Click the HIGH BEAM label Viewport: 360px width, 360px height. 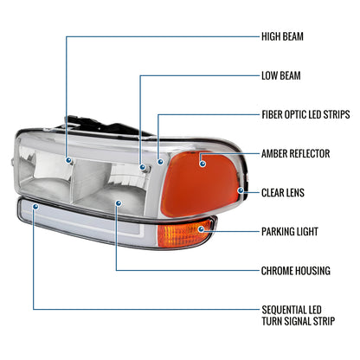tap(282, 36)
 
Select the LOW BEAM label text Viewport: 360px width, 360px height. tap(280, 75)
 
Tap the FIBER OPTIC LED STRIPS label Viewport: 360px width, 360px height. tap(305, 114)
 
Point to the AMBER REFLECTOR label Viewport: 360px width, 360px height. tap(295, 153)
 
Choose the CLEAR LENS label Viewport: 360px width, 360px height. tap(283, 192)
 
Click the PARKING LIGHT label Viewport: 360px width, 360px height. tap(290, 231)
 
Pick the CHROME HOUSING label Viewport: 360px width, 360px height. tap(296, 271)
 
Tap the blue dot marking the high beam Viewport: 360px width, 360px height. tap(68, 160)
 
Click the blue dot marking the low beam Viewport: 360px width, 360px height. tap(143, 167)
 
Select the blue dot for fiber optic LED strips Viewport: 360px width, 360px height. tap(160, 162)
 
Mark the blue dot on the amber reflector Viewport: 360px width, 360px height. tap(202, 164)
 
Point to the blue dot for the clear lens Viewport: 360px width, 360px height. tap(241, 190)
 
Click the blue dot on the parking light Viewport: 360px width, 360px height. tap(201, 229)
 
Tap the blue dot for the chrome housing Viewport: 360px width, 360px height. tap(118, 203)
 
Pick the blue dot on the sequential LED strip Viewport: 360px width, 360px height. tap(35, 207)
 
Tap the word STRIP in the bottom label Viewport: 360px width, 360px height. tap(322, 321)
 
